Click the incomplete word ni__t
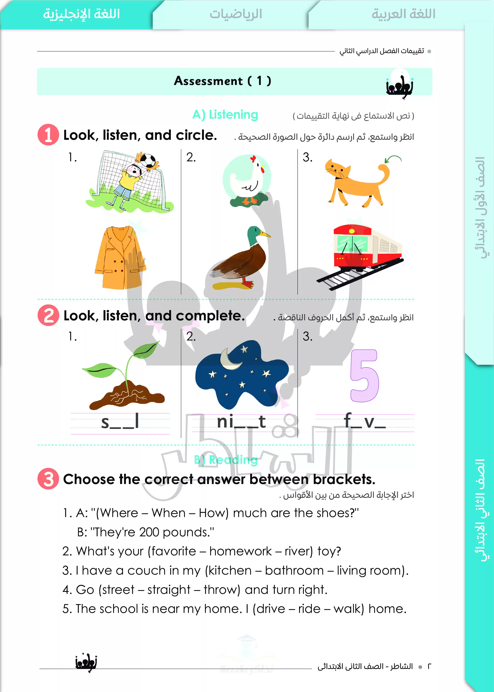click(241, 422)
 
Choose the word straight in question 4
click(169, 590)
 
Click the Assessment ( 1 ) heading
click(222, 81)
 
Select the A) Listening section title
click(225, 115)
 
